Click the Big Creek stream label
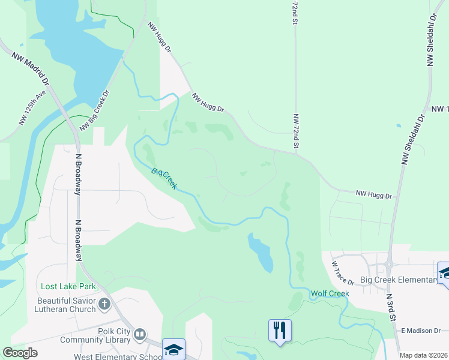pyautogui.click(x=164, y=179)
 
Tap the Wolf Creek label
pyautogui.click(x=330, y=293)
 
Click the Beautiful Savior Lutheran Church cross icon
pyautogui.click(x=104, y=304)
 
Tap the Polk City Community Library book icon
pyautogui.click(x=139, y=334)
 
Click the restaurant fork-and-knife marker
pyautogui.click(x=280, y=331)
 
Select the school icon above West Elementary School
pyautogui.click(x=174, y=349)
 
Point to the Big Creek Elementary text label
pyautogui.click(x=399, y=280)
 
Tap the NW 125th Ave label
pyautogui.click(x=32, y=108)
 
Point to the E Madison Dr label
pyautogui.click(x=421, y=330)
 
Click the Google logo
pyautogui.click(x=20, y=353)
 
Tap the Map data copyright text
pyautogui.click(x=423, y=355)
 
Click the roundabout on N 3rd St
pyautogui.click(x=389, y=263)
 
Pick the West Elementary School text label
pyautogui.click(x=118, y=356)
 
